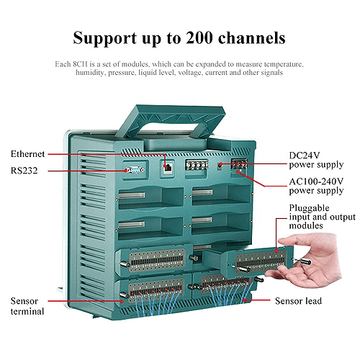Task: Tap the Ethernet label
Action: pyautogui.click(x=28, y=153)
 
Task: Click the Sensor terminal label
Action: pyautogui.click(x=27, y=305)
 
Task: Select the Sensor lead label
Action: pyautogui.click(x=299, y=300)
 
